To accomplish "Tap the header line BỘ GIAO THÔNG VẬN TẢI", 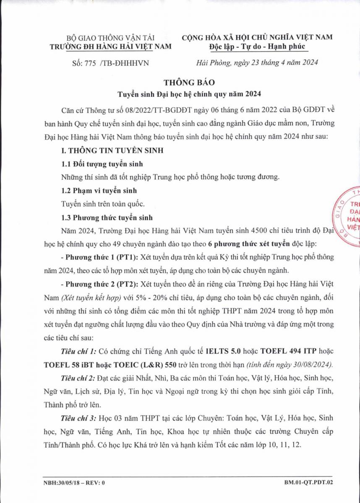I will click(110, 37).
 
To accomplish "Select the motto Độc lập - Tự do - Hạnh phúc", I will click(257, 46).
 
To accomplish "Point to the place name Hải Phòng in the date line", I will click(211, 63).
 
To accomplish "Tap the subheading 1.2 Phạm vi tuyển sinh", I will click(98, 190).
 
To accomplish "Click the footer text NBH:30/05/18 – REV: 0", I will click(74, 482).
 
